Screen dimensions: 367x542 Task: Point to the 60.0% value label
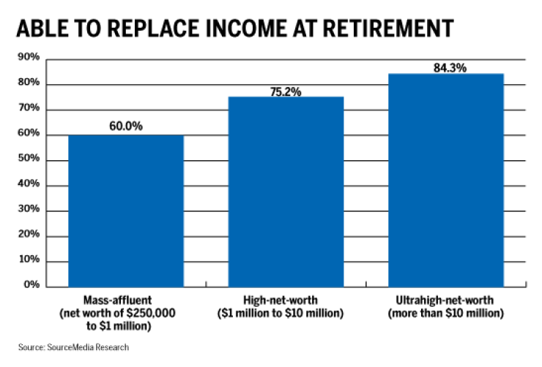tap(126, 126)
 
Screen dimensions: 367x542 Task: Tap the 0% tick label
tap(31, 285)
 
